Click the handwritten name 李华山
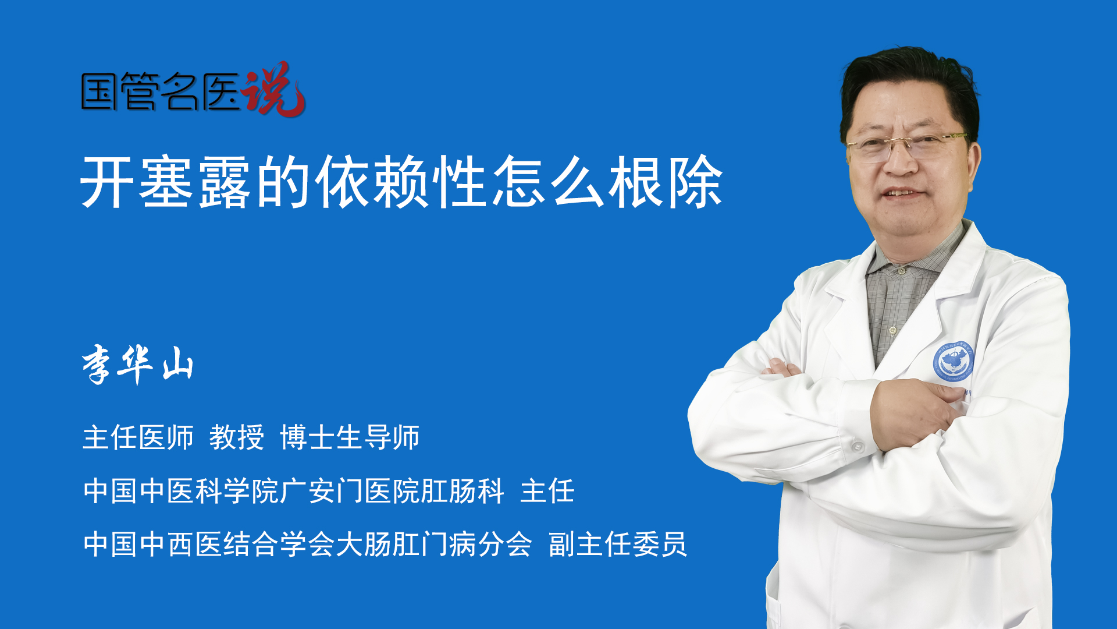click(x=138, y=365)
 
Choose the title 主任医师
click(x=138, y=437)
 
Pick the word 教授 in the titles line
click(x=237, y=437)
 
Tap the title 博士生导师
click(x=350, y=437)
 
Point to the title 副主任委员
click(x=618, y=545)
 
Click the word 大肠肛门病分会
click(x=434, y=545)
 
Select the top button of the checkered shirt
click(x=901, y=270)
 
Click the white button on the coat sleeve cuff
click(x=857, y=447)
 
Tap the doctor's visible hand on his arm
click(x=913, y=414)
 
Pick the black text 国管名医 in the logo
click(x=161, y=91)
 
